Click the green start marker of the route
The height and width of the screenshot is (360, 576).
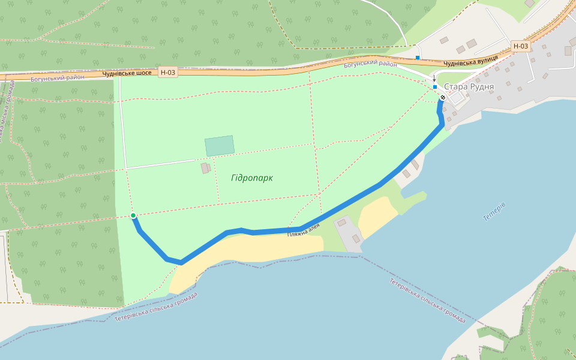pos(133,215)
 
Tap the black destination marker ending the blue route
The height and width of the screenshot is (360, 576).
pos(443,98)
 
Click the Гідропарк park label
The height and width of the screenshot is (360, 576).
pos(251,178)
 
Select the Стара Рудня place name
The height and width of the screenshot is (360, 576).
pos(469,87)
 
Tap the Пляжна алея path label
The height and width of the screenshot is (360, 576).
pos(304,230)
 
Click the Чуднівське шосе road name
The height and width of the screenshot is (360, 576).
pos(127,73)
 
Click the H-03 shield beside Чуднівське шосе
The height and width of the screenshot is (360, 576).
pos(169,73)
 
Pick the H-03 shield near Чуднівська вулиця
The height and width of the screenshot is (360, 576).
pos(521,46)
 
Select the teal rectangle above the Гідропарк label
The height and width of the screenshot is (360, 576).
pos(220,146)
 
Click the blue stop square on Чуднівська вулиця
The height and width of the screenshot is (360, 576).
pos(418,58)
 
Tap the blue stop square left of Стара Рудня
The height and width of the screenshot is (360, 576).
pos(435,87)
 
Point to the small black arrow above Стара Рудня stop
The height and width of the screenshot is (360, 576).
pos(435,79)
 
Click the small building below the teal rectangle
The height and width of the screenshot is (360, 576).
pos(205,168)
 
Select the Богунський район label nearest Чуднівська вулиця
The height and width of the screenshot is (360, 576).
pos(371,64)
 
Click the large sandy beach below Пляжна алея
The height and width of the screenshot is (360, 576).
pos(252,249)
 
